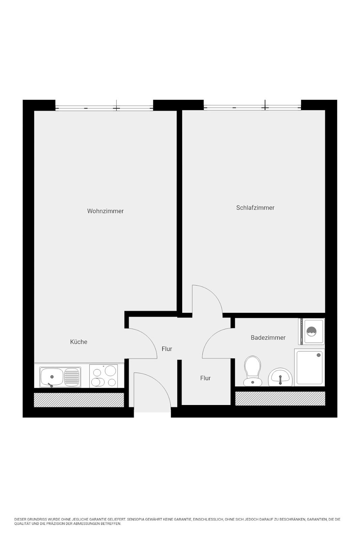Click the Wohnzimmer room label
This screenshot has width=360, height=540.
105,211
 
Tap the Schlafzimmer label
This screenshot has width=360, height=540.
255,208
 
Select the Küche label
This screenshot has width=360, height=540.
79,342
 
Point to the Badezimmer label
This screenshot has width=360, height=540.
268,337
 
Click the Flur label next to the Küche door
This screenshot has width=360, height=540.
167,349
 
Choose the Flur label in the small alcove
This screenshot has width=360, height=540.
205,378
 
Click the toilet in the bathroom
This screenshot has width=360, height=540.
252,371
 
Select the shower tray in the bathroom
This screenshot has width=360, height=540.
309,368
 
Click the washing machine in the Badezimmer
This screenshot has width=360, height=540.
311,331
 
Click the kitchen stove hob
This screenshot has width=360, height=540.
104,376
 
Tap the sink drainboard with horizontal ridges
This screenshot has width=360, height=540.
72,377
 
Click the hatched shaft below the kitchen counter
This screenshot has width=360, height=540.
79,400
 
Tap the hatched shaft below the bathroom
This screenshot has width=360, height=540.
280,399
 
